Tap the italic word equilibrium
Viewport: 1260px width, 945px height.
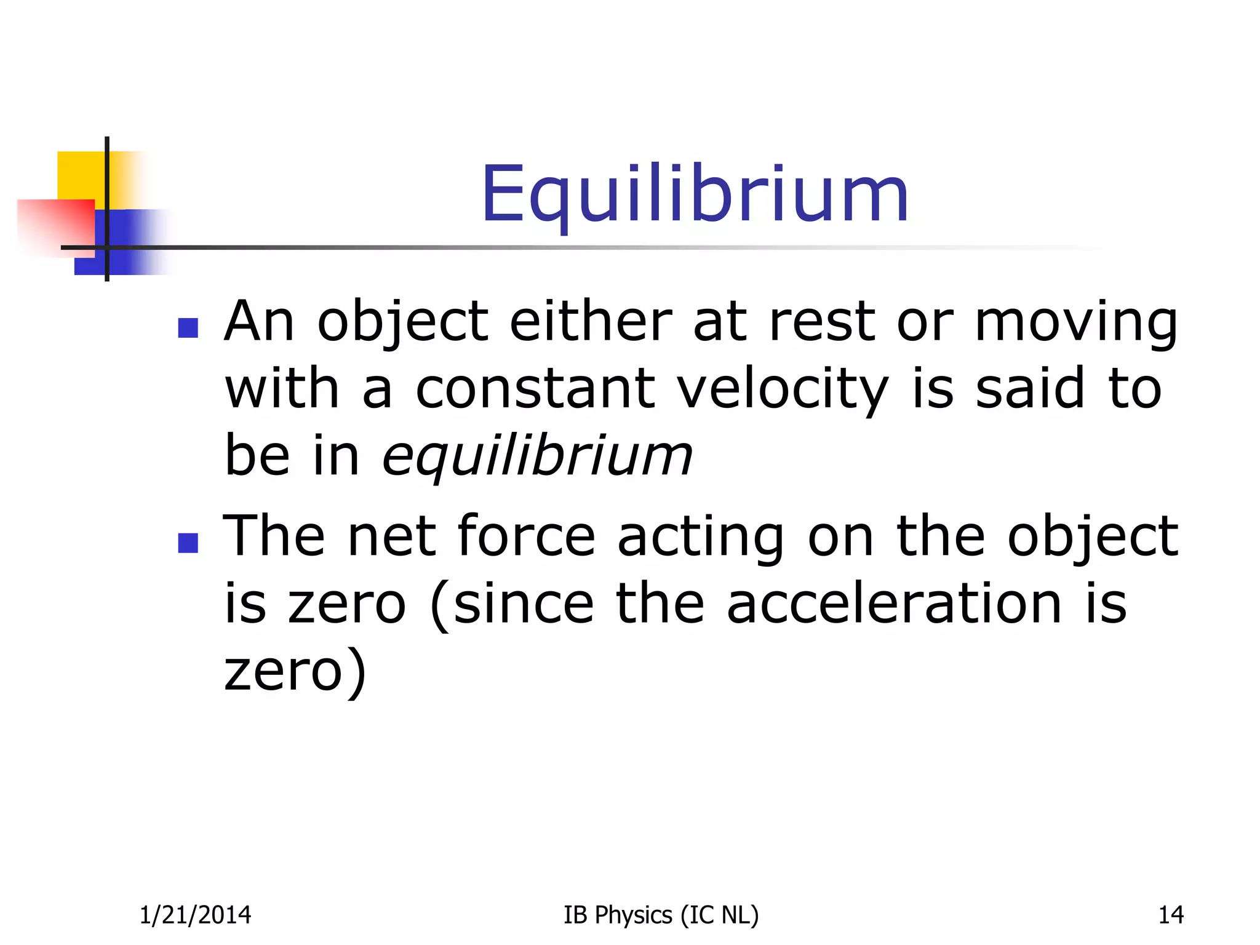coord(536,457)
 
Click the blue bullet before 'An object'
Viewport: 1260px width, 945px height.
coord(188,328)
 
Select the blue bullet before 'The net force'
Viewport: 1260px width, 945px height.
coord(188,543)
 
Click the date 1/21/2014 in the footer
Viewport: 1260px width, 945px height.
coord(195,915)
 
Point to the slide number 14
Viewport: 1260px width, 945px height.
coord(1170,915)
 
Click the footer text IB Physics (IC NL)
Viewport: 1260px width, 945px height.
coord(661,915)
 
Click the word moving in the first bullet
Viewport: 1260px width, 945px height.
coord(1075,322)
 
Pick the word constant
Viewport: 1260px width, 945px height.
coord(535,389)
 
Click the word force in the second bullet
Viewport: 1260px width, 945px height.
coord(526,536)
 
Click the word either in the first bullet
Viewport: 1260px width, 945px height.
coord(591,321)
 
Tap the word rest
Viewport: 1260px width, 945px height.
coord(821,322)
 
